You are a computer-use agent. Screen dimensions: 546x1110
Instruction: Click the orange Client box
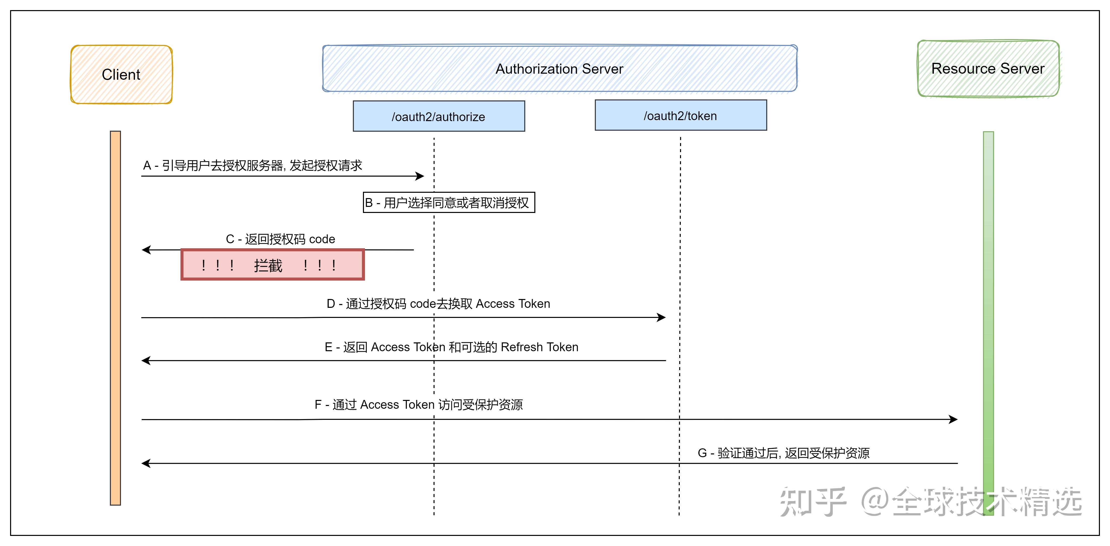coord(121,75)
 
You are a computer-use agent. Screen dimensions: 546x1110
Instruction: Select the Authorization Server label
coord(559,69)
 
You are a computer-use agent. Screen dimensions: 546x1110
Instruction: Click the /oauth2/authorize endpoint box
coord(439,117)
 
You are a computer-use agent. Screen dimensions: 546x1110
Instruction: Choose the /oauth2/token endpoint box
coord(681,116)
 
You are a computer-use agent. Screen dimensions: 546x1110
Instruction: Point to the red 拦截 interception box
coord(272,265)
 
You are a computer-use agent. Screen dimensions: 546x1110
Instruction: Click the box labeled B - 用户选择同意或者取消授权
coord(449,203)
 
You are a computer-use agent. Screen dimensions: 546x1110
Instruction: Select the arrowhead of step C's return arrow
coord(146,250)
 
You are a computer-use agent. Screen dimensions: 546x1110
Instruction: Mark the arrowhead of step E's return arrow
coord(146,361)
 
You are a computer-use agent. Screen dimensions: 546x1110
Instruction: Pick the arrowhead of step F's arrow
coord(953,419)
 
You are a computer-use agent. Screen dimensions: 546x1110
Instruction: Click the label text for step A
coord(253,166)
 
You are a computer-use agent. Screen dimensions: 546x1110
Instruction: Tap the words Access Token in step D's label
coord(513,304)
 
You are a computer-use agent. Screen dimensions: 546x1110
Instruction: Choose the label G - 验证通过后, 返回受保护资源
coord(783,453)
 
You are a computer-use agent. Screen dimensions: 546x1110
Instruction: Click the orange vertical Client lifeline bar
coord(115,318)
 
